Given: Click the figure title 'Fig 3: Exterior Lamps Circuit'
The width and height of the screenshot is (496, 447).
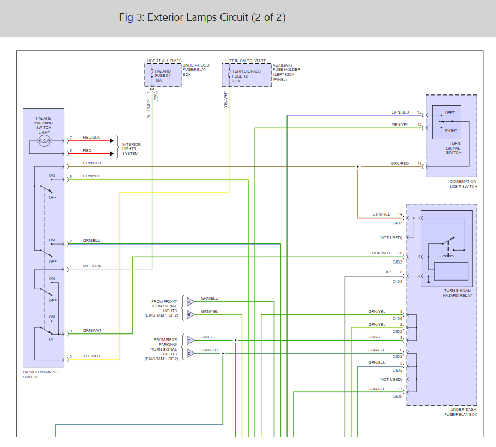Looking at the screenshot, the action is (x=183, y=17).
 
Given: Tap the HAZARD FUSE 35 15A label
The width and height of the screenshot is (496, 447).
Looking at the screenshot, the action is (x=163, y=76).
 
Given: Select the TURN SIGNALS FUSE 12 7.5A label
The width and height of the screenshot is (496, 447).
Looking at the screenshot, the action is (x=246, y=76).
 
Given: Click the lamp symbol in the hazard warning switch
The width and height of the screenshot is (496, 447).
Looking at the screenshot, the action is (x=44, y=141).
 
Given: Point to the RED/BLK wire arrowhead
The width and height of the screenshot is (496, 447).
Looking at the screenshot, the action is (x=112, y=141).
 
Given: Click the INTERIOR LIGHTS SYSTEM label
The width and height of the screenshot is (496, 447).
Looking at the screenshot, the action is (x=132, y=149).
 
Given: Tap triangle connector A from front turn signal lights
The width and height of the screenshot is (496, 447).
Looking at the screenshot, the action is (x=190, y=302).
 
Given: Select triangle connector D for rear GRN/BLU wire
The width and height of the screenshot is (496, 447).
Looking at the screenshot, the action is (x=190, y=353).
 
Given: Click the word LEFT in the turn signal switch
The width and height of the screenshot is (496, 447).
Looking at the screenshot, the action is (x=450, y=112).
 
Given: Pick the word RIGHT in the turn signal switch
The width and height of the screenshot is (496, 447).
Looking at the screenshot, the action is (x=451, y=130).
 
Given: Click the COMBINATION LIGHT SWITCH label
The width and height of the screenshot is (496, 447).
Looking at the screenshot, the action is (x=463, y=184).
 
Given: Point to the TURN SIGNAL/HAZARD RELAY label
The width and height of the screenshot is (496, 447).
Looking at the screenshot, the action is (x=457, y=293).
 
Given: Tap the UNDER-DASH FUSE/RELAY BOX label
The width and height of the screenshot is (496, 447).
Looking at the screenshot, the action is (x=461, y=412).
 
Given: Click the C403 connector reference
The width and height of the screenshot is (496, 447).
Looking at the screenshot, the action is (x=397, y=223).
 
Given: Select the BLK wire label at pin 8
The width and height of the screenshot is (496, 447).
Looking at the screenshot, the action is (x=388, y=272).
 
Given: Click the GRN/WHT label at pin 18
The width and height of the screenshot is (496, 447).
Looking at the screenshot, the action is (x=381, y=253).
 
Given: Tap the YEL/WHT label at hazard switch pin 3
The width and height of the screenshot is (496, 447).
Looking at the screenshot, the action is (x=92, y=356).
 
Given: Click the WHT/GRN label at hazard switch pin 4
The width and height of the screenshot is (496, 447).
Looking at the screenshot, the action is (x=92, y=266).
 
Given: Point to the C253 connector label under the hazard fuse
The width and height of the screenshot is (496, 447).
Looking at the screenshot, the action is (x=156, y=96).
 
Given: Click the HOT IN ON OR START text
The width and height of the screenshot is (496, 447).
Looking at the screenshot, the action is (x=246, y=61).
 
